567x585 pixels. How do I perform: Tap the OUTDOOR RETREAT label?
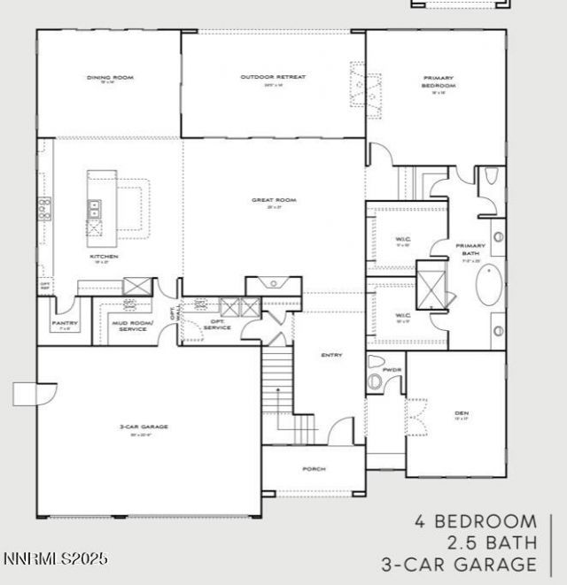pyautogui.click(x=273, y=77)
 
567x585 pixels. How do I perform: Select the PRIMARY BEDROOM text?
pyautogui.click(x=438, y=81)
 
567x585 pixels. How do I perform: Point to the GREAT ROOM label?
pyautogui.click(x=274, y=200)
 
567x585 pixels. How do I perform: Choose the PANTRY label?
pyautogui.click(x=65, y=323)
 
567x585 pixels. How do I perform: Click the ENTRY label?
pyautogui.click(x=331, y=355)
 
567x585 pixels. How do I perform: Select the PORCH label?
pyautogui.click(x=314, y=468)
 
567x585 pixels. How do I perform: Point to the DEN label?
pyautogui.click(x=461, y=412)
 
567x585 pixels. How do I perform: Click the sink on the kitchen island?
pyautogui.click(x=93, y=209)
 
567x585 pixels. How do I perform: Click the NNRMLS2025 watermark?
pyautogui.click(x=55, y=559)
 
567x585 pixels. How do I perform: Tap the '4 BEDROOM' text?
pyautogui.click(x=475, y=521)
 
